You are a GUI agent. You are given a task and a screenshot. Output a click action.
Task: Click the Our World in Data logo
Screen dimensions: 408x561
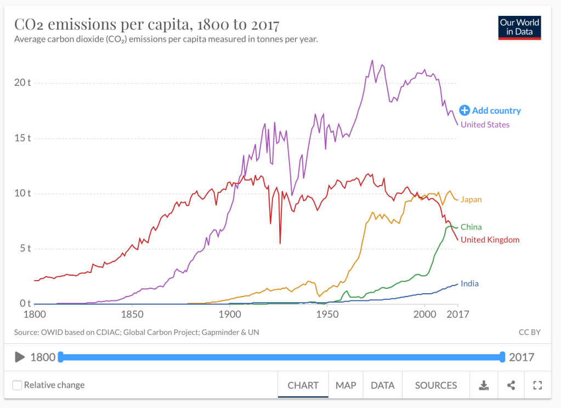tap(519, 28)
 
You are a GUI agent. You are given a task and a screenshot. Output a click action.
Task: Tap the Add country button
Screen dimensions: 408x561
tap(490, 110)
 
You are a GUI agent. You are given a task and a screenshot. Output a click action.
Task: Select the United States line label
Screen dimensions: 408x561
tap(485, 125)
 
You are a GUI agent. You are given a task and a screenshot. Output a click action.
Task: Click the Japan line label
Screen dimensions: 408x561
tap(471, 199)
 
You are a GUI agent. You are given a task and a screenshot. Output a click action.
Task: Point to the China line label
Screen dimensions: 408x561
tap(471, 227)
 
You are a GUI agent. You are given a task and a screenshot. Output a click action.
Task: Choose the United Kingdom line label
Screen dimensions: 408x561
tap(490, 239)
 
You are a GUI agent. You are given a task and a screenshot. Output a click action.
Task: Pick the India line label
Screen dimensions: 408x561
tap(469, 283)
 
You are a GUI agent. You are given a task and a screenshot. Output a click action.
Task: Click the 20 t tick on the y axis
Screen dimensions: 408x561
tap(22, 82)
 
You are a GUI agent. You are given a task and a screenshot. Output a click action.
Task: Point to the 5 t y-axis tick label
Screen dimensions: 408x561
tap(25, 248)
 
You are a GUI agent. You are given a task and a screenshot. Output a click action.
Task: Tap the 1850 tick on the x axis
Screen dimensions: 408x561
tap(132, 315)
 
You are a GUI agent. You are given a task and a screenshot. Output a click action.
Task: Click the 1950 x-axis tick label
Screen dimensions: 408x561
tap(327, 315)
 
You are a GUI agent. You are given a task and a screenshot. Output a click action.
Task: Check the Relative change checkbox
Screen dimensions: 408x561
tap(18, 385)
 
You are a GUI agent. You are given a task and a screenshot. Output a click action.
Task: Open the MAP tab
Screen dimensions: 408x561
tap(346, 385)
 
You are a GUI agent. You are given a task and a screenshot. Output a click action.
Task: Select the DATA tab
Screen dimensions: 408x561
tap(382, 385)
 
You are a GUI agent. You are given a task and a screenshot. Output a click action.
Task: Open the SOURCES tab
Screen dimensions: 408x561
tap(436, 385)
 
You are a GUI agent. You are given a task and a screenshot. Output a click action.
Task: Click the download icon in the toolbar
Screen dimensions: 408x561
tap(484, 385)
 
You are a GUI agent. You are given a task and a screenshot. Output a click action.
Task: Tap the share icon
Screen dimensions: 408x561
tap(511, 385)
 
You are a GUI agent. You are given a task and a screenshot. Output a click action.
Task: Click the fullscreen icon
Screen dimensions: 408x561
tap(537, 385)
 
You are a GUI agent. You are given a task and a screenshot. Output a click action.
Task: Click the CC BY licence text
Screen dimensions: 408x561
tap(529, 332)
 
